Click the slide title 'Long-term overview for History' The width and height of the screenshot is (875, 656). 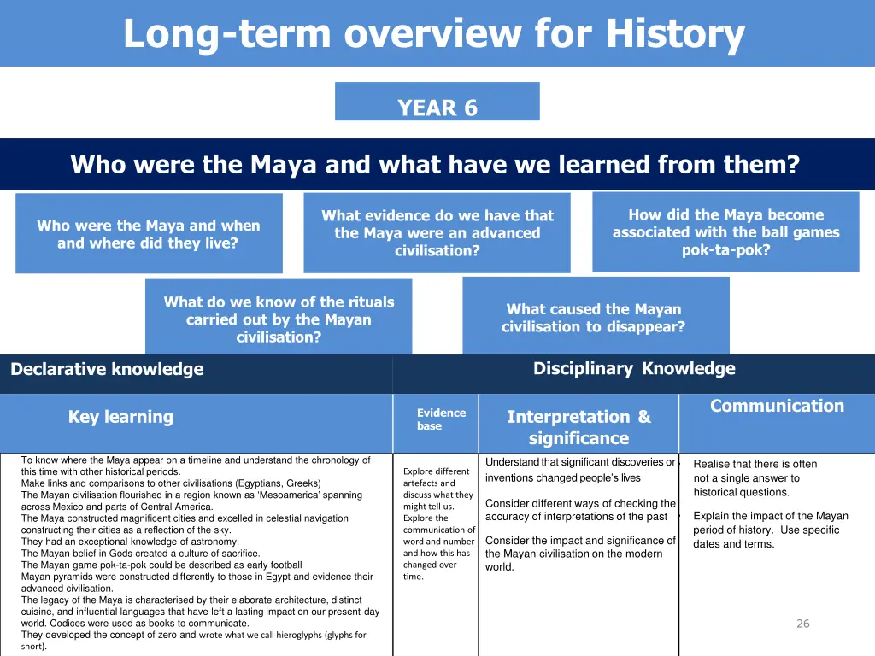click(x=434, y=34)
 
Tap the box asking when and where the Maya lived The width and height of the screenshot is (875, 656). click(x=148, y=234)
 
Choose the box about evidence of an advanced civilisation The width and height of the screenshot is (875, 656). click(x=437, y=233)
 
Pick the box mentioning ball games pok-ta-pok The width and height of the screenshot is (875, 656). click(x=725, y=232)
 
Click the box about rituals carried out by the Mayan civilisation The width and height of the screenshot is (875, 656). click(x=279, y=319)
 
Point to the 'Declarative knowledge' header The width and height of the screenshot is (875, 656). click(x=107, y=369)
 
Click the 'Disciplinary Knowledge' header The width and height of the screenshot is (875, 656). click(x=633, y=368)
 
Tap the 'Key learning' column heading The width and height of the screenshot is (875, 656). click(x=120, y=417)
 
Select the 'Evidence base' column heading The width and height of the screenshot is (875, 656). click(x=441, y=419)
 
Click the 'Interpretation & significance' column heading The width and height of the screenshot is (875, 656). click(x=578, y=427)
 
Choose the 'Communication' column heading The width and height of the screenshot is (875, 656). click(x=777, y=406)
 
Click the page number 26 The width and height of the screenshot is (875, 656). click(x=802, y=624)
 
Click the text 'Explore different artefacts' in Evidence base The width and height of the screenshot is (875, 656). click(x=436, y=477)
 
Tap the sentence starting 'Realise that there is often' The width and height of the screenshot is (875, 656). click(x=755, y=465)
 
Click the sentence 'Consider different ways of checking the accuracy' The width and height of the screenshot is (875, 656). click(x=579, y=510)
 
